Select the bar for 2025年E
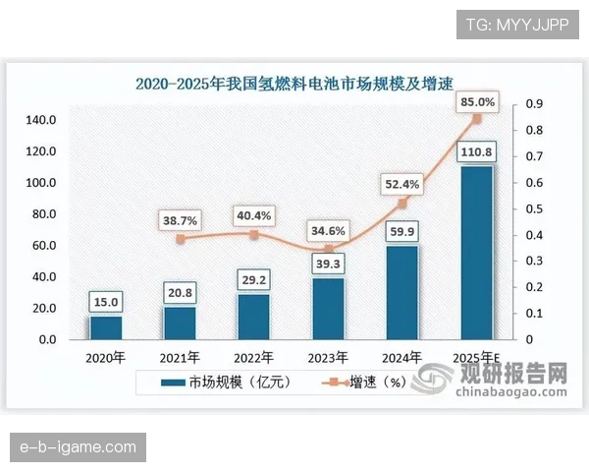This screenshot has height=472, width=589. click(477, 253)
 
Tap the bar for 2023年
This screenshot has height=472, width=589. click(329, 309)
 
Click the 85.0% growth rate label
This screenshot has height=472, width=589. click(476, 101)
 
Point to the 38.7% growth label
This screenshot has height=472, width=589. click(180, 221)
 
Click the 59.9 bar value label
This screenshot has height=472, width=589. click(402, 232)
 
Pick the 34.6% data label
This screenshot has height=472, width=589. click(329, 231)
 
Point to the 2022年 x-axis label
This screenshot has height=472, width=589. click(254, 357)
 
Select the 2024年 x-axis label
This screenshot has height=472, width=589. click(402, 357)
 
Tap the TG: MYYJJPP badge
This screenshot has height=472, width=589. click(516, 24)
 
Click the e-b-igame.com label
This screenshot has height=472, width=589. click(79, 448)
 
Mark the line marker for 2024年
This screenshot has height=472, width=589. click(402, 204)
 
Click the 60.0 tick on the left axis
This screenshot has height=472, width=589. click(42, 246)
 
